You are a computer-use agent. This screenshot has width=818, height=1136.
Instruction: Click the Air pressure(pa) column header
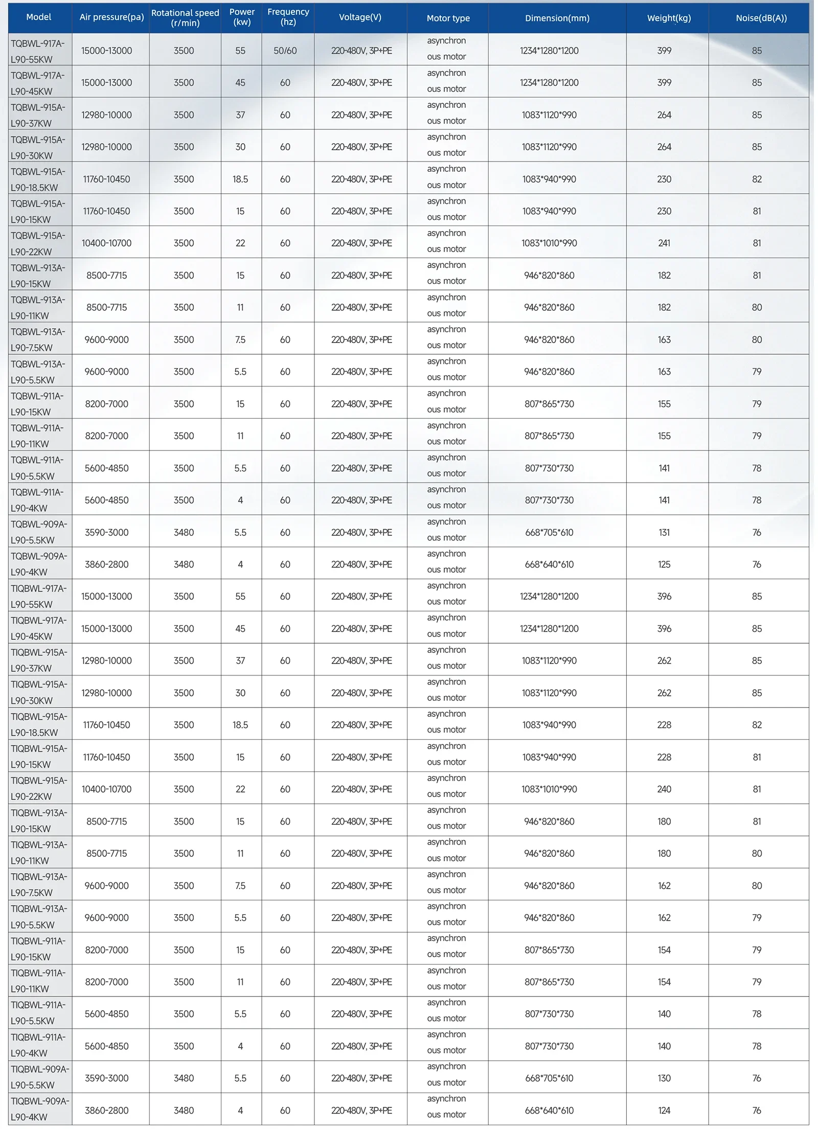pyautogui.click(x=111, y=17)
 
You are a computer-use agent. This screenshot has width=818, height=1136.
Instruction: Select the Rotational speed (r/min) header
pyautogui.click(x=185, y=18)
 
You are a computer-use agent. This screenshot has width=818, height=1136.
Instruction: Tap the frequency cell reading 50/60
pyautogui.click(x=285, y=51)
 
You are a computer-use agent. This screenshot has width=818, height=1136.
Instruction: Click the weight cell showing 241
pyautogui.click(x=664, y=243)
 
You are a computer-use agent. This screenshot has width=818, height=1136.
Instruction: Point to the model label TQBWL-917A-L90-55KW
pyautogui.click(x=38, y=51)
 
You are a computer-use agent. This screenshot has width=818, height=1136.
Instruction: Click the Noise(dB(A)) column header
pyautogui.click(x=761, y=18)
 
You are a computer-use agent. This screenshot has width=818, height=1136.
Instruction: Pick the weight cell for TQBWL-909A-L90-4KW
pyautogui.click(x=664, y=564)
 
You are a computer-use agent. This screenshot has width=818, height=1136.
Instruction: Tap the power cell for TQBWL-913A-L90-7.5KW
pyautogui.click(x=240, y=340)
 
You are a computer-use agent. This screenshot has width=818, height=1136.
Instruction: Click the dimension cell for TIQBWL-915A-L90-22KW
pyautogui.click(x=549, y=789)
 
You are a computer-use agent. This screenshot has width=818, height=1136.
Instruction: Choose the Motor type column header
pyautogui.click(x=448, y=18)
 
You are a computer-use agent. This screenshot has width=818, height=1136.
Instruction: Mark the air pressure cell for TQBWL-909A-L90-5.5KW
pyautogui.click(x=106, y=533)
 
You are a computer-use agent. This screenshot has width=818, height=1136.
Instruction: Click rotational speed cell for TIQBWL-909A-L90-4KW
pyautogui.click(x=184, y=1110)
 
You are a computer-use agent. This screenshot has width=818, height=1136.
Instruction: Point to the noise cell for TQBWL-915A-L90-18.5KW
pyautogui.click(x=757, y=179)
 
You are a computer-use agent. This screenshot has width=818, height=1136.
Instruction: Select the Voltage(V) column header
pyautogui.click(x=360, y=17)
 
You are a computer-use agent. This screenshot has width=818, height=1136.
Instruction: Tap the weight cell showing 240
pyautogui.click(x=664, y=789)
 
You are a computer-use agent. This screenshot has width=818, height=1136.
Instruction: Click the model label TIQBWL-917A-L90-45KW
pyautogui.click(x=39, y=628)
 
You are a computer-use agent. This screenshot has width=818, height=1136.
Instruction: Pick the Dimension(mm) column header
pyautogui.click(x=557, y=18)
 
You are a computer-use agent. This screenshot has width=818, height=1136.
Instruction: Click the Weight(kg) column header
pyautogui.click(x=669, y=18)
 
